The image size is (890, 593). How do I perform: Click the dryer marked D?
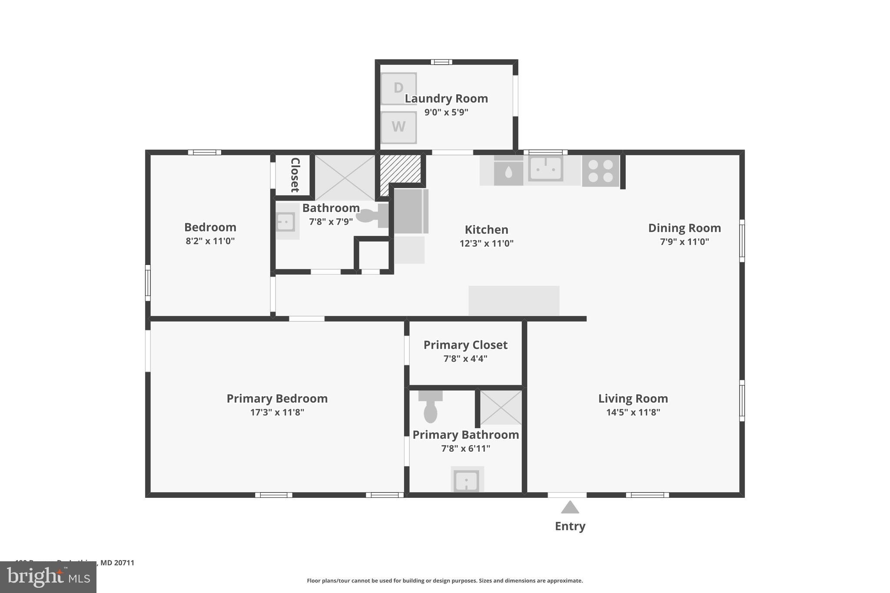[x=399, y=88]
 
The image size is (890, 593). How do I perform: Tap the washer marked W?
[x=399, y=127]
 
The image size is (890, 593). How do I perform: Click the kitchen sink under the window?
[x=545, y=169]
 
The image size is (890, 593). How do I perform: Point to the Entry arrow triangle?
[x=570, y=507]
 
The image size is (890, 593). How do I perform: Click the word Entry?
[x=570, y=526]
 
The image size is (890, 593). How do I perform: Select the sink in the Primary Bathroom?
[x=467, y=480]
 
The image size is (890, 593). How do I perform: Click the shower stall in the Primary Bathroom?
[x=501, y=407]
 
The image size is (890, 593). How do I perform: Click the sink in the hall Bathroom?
[x=286, y=222]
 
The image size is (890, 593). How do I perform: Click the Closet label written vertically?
[x=295, y=175]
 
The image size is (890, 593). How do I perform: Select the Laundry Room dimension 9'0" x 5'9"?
[x=446, y=112]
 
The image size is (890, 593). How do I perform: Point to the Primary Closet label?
[x=465, y=345]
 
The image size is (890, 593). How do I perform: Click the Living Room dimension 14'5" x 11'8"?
[x=633, y=412]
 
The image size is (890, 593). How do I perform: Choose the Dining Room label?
[x=684, y=228]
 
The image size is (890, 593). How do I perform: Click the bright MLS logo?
[x=48, y=577]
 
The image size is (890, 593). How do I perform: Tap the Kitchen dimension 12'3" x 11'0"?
[x=486, y=243]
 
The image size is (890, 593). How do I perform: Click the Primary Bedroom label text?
[x=277, y=398]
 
